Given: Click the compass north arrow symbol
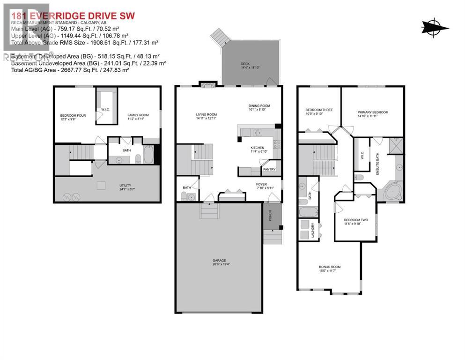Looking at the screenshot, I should [435, 27].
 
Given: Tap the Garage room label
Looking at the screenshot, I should [218, 261].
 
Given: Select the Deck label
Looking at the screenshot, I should [245, 65].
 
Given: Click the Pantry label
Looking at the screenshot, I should [269, 169].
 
